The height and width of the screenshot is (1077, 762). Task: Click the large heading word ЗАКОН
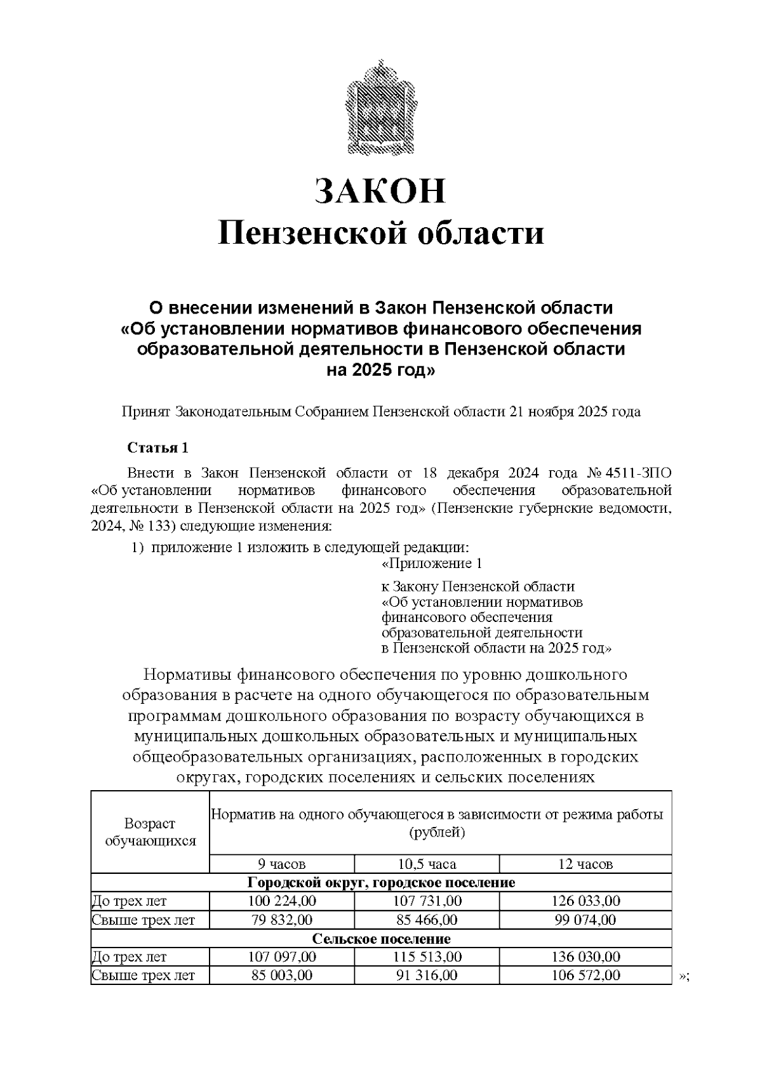pos(381,190)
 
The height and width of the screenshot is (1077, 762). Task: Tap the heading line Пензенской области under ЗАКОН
pos(381,233)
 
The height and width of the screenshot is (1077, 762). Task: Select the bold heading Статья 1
pos(158,448)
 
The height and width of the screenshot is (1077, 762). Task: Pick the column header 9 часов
pos(281,864)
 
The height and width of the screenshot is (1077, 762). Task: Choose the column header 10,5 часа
pos(427,864)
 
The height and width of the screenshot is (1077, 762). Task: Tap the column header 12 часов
pos(585,864)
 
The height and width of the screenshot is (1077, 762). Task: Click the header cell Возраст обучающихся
pos(150,832)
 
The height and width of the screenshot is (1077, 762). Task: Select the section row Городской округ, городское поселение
pos(381,883)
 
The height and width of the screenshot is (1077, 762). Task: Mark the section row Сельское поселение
pos(381,939)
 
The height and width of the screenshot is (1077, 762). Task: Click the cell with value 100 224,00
pos(281,901)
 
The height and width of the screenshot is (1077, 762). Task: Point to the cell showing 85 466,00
pos(427,920)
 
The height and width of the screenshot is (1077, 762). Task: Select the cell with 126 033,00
pos(585,901)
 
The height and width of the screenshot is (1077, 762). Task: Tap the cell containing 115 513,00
pos(427,957)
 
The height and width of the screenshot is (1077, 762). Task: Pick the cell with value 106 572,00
pos(585,975)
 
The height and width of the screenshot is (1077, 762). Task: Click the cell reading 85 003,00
pos(281,975)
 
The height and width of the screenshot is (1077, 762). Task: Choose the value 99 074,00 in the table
pos(585,920)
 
